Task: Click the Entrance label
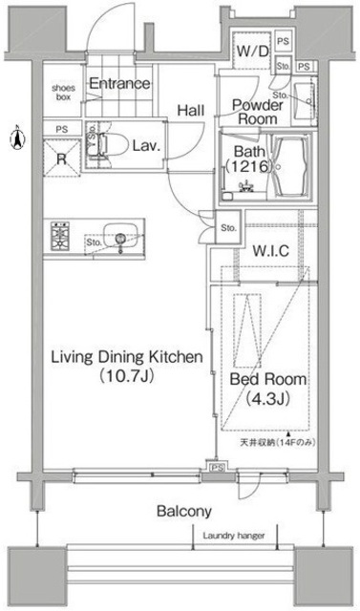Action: pyautogui.click(x=119, y=84)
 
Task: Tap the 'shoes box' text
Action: pyautogui.click(x=63, y=93)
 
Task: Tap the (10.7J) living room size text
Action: pyautogui.click(x=125, y=376)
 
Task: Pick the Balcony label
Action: pyautogui.click(x=184, y=512)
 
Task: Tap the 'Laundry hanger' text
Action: pyautogui.click(x=234, y=536)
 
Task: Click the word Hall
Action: pyautogui.click(x=189, y=110)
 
